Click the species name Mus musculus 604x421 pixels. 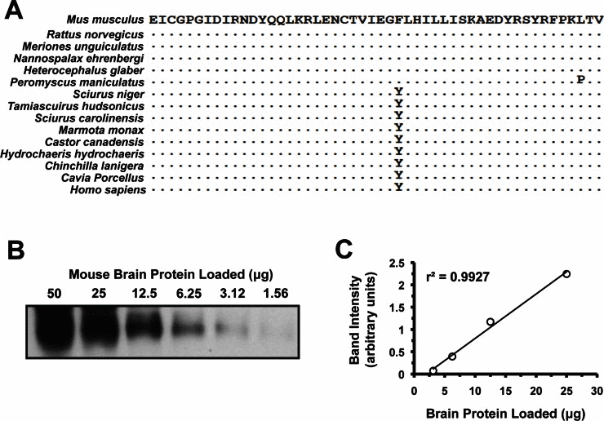coord(104,20)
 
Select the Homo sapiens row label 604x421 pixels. coord(108,190)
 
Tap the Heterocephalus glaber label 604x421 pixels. coord(83,70)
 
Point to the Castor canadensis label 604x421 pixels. coord(95,142)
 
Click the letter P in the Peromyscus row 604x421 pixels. coord(580,80)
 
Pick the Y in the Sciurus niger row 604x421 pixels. coord(398,91)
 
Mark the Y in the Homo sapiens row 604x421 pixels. coord(398,187)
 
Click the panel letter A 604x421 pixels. coord(13,11)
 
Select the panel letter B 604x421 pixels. coord(16,250)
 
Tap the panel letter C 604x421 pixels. coord(344,250)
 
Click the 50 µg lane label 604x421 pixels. coord(54,294)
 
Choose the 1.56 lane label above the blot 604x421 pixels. coord(276,294)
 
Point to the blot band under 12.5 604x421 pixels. coord(144,326)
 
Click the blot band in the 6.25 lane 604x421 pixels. coord(188,327)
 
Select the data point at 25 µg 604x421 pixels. coord(566,274)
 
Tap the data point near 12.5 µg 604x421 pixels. coord(491,321)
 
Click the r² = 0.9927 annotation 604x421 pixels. coord(458,277)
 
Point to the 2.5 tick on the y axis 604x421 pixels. coord(397,264)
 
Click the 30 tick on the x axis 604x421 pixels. coord(597,391)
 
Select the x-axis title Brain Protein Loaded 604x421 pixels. coord(505,414)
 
